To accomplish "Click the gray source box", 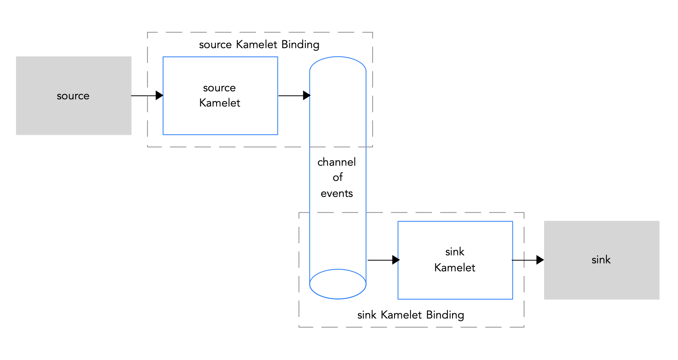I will (x=74, y=96).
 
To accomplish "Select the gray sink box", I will (x=601, y=260).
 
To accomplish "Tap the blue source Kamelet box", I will (x=220, y=120).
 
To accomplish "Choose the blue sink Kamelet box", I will (x=455, y=284).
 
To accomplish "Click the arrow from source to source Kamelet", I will (x=147, y=96).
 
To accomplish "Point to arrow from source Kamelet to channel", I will (x=294, y=96).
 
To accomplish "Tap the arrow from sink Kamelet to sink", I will (x=527, y=260).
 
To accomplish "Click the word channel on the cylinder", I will (x=337, y=162).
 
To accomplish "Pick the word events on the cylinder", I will (x=337, y=194).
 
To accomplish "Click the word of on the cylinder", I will (x=337, y=177).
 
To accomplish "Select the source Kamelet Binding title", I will (x=259, y=44).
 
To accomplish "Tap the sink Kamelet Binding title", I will (x=411, y=315).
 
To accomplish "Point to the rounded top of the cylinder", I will (x=338, y=64).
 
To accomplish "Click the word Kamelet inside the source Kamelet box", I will (x=219, y=103).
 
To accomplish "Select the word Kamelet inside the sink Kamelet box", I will (x=455, y=268).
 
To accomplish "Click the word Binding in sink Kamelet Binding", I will (x=445, y=315).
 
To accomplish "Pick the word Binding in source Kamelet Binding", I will (x=300, y=44).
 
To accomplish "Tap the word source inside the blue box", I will (x=219, y=88).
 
